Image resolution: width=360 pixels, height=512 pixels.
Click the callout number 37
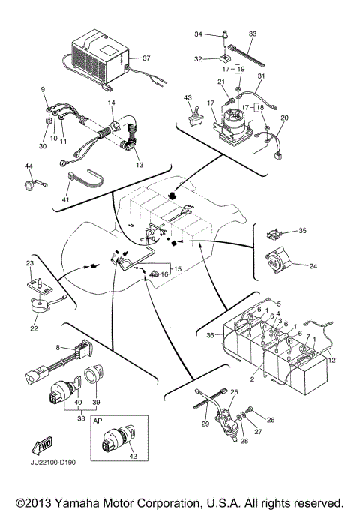pos(147,58)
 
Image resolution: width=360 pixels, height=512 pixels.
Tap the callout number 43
pos(187,99)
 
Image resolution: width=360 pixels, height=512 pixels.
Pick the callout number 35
pos(302,231)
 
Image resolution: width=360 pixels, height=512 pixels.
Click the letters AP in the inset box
pos(97,421)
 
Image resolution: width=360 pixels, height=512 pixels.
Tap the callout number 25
pos(233,392)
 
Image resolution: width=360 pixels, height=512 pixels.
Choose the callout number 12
pos(332,362)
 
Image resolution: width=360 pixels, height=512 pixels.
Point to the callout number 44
pos(28,166)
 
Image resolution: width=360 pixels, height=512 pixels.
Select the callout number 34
pos(198,34)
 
